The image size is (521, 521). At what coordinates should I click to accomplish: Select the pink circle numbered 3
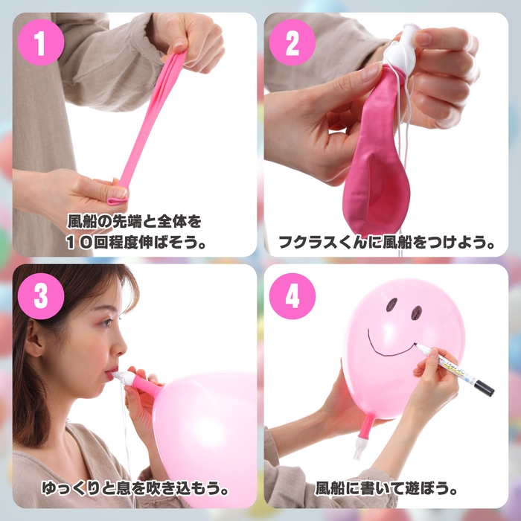39,296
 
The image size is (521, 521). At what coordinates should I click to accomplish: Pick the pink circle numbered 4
293,296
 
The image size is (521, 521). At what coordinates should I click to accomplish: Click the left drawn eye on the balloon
391,304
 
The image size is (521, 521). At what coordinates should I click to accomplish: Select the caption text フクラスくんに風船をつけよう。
387,242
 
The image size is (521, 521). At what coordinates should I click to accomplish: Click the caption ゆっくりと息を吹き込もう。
135,490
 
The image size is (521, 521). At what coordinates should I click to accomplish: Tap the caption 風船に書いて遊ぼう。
387,490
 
